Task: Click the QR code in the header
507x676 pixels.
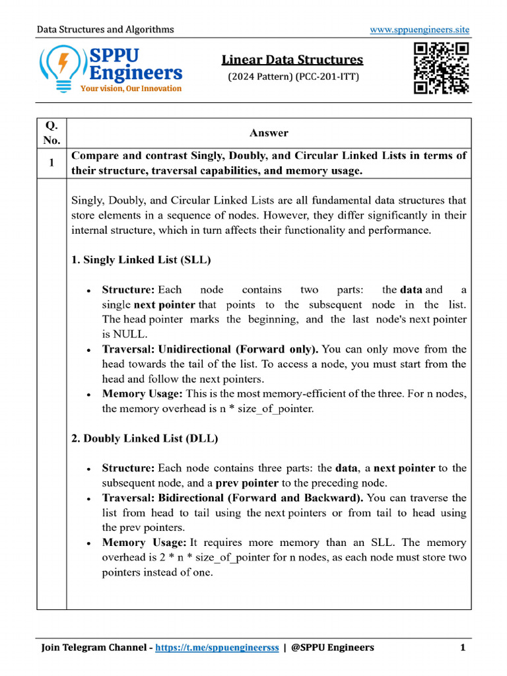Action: (441, 68)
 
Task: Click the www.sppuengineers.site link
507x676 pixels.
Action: (419, 30)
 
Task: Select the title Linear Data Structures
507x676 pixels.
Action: (292, 60)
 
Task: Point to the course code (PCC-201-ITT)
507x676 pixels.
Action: (323, 77)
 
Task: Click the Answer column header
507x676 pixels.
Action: (269, 133)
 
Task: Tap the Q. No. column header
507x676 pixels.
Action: (51, 133)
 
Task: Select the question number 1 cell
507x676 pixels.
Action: (51, 163)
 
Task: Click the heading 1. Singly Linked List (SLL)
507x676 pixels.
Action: (141, 259)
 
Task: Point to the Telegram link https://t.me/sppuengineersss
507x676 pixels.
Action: (217, 648)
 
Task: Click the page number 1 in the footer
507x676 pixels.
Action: (463, 648)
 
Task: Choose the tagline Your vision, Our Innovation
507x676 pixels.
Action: (131, 88)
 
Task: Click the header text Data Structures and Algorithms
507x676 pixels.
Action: (105, 30)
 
